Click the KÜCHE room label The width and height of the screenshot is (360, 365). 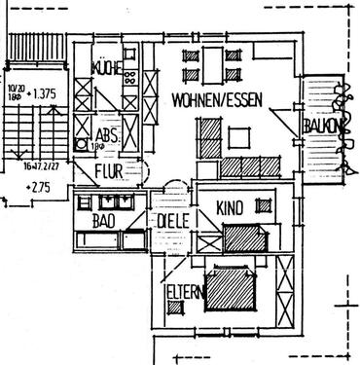[x=105, y=67]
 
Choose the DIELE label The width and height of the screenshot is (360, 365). [x=171, y=220]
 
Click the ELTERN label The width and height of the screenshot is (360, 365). [x=183, y=289]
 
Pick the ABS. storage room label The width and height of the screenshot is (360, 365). [x=107, y=135]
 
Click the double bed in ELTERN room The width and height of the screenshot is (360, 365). [x=234, y=289]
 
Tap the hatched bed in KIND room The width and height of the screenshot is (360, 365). [x=243, y=237]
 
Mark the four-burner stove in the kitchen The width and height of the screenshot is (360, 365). [x=129, y=77]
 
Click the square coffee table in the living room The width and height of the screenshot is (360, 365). [x=237, y=137]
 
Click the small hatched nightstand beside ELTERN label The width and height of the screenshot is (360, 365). [x=175, y=308]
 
